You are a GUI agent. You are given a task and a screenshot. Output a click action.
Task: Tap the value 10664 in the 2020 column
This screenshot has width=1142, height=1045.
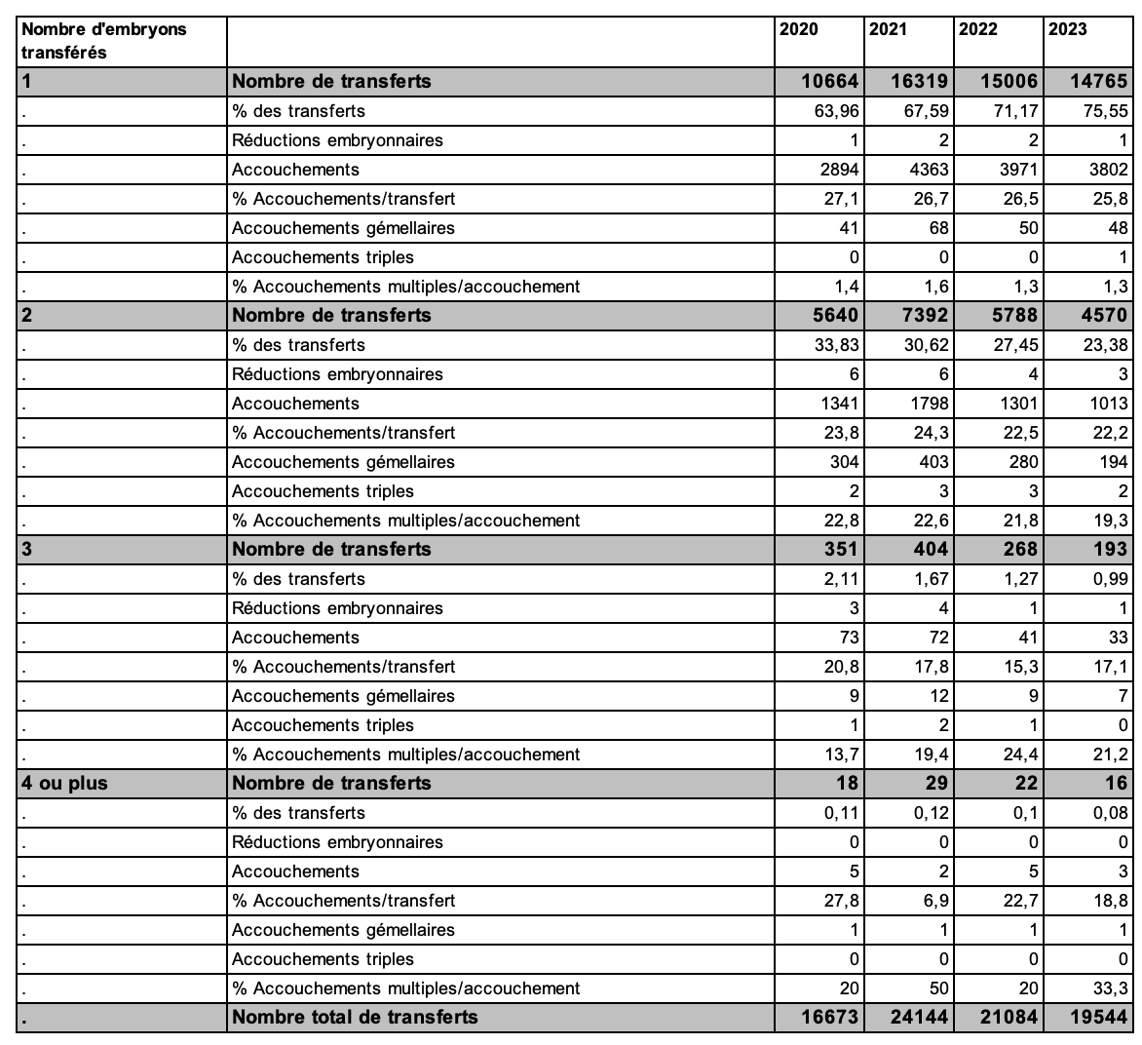click(x=827, y=82)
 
